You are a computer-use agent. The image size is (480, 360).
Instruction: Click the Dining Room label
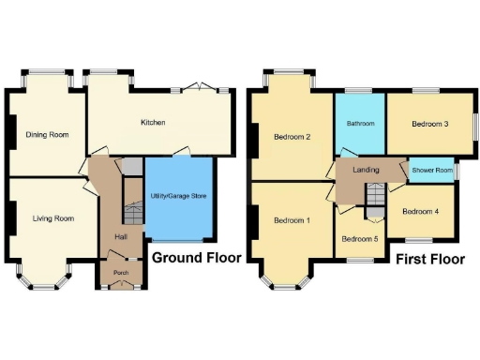[47, 135]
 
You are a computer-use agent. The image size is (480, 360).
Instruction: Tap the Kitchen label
[154, 123]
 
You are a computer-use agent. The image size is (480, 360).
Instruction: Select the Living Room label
[52, 218]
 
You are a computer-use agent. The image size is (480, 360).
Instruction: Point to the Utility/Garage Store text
[178, 196]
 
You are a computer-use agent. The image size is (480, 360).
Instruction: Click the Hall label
[121, 237]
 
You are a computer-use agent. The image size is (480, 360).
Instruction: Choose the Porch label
[121, 273]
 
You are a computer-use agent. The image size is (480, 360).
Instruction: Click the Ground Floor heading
[197, 258]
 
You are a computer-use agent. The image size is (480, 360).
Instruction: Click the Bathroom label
[361, 124]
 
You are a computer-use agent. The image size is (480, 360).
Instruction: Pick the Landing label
[366, 170]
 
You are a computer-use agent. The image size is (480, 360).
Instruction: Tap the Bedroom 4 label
[419, 211]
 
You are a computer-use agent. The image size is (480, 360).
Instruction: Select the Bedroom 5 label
[359, 238]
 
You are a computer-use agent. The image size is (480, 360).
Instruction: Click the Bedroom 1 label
[292, 220]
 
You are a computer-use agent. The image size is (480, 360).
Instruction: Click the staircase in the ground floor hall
[132, 215]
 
